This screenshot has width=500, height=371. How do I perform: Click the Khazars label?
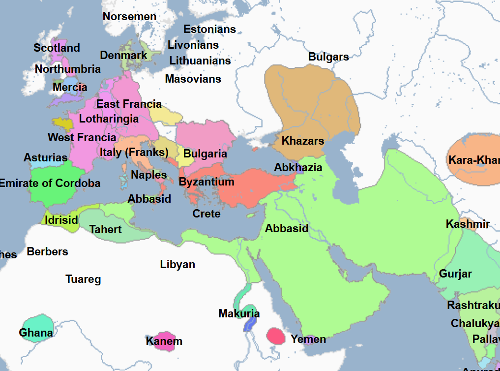[302, 141]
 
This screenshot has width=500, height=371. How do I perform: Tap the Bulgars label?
[328, 57]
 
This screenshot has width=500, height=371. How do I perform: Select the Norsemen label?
[129, 17]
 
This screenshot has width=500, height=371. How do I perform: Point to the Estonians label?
[209, 30]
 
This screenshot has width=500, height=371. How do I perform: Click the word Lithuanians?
[200, 61]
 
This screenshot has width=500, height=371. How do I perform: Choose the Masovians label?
[193, 79]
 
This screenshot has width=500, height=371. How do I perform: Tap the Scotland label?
[57, 48]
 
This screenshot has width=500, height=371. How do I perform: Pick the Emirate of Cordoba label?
[49, 184]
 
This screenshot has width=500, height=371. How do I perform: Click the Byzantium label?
[206, 182]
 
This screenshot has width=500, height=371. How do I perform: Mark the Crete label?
[206, 214]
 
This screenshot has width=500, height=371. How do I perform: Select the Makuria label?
[239, 314]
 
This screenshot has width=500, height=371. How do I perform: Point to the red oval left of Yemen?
[276, 336]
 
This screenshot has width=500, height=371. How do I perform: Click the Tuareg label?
[83, 280]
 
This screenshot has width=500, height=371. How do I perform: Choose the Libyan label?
[177, 265]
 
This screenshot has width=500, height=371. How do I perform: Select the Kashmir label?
[468, 224]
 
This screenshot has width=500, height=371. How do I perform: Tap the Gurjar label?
[455, 274]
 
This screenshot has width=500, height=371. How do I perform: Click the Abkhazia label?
[298, 168]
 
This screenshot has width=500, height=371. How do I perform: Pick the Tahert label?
[105, 229]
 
